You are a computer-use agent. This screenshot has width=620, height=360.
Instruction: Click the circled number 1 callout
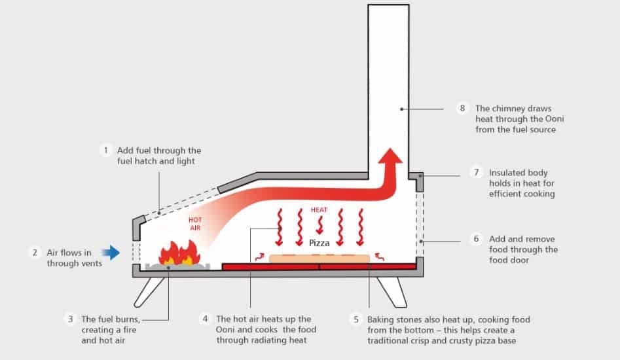105,150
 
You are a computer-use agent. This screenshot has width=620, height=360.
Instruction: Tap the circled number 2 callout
34,252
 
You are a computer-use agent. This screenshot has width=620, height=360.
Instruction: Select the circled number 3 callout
69,319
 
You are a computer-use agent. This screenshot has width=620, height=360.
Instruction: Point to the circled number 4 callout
206,319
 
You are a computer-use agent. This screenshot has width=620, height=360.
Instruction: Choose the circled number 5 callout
356,319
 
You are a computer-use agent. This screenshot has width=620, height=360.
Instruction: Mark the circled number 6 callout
477,239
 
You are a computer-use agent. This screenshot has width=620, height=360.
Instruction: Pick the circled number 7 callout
477,173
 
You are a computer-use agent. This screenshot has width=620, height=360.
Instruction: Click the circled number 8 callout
463,108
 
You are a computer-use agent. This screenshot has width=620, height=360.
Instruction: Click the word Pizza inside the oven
319,243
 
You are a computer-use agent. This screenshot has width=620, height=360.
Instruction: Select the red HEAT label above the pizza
319,211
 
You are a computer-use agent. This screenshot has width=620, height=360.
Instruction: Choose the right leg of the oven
391,291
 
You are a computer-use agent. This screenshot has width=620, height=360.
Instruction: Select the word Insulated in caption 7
507,173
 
